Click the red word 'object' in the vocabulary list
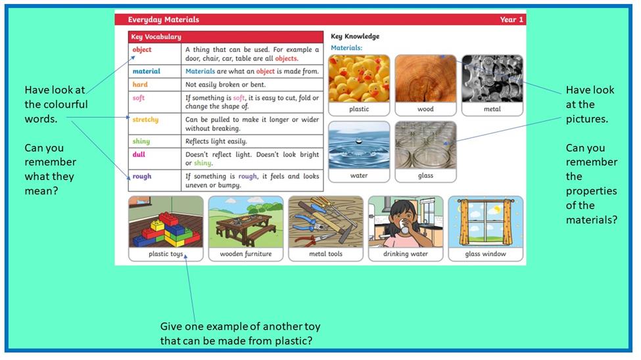(142, 50)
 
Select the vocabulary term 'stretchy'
(145, 120)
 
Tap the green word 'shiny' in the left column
(141, 141)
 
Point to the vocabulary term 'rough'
(142, 177)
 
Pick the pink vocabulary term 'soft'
(138, 98)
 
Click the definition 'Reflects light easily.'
(216, 141)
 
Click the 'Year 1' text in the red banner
(511, 20)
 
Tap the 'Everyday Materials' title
(164, 20)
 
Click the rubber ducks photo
(359, 79)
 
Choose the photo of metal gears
(492, 79)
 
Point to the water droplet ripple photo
(359, 145)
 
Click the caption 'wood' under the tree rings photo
(425, 109)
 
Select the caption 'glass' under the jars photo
(425, 175)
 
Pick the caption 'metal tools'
(326, 254)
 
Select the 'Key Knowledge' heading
(355, 36)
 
